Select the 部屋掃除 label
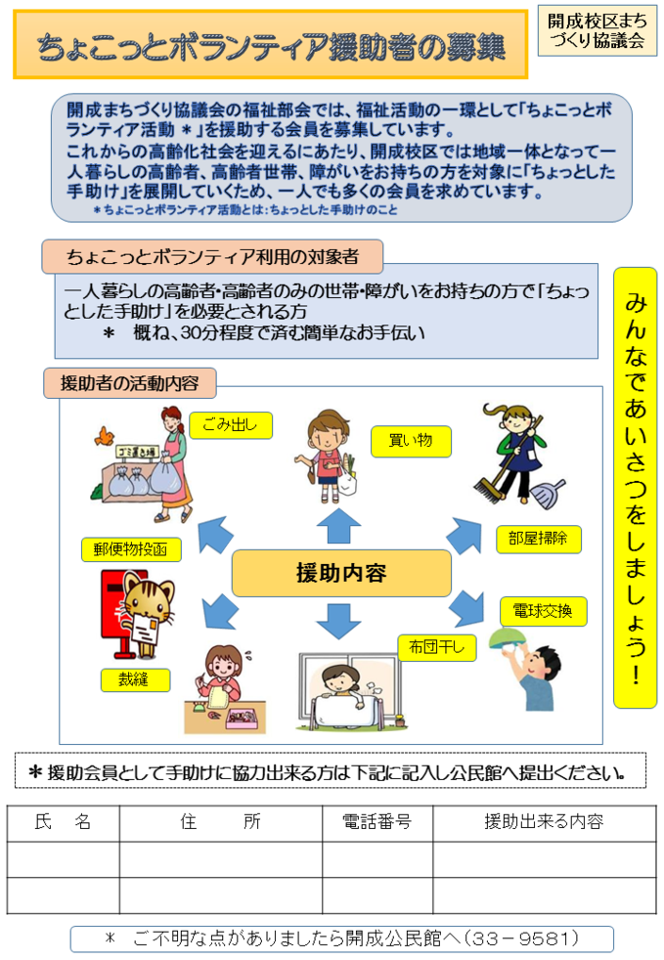tap(538, 539)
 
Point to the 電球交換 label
tap(543, 611)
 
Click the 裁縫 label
tap(135, 679)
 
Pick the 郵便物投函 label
tap(131, 549)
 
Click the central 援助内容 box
tap(340, 573)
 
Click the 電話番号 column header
tap(377, 822)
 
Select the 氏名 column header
tap(63, 822)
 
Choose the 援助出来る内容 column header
tap(544, 822)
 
